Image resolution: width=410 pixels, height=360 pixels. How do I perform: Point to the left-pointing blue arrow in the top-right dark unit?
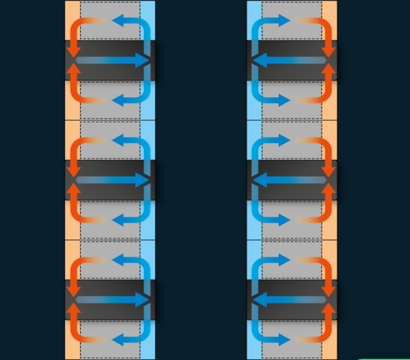pyautogui.click(x=287, y=61)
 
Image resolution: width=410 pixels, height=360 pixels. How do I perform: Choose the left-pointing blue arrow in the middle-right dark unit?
pyautogui.click(x=287, y=180)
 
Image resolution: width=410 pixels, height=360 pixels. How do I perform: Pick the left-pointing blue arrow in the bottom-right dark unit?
pyautogui.click(x=287, y=300)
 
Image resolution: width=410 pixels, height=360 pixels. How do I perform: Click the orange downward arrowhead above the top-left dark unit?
pyautogui.click(x=74, y=52)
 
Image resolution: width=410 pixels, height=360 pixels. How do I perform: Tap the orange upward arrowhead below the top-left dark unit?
pyautogui.click(x=74, y=70)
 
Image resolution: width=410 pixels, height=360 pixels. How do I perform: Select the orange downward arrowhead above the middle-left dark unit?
pyautogui.click(x=74, y=171)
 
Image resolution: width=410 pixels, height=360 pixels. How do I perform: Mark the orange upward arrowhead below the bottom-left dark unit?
pyautogui.click(x=74, y=309)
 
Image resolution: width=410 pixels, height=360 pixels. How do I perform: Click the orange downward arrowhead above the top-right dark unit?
pyautogui.click(x=329, y=52)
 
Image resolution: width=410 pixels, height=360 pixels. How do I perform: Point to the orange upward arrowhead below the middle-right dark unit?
pyautogui.click(x=329, y=189)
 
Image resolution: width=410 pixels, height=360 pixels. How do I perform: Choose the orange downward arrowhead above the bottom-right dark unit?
pyautogui.click(x=329, y=291)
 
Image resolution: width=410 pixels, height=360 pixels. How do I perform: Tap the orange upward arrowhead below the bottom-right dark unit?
pyautogui.click(x=329, y=309)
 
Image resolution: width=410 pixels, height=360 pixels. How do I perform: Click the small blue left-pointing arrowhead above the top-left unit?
pyautogui.click(x=117, y=22)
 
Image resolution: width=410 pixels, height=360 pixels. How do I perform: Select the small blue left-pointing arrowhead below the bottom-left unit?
pyautogui.click(x=117, y=339)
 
